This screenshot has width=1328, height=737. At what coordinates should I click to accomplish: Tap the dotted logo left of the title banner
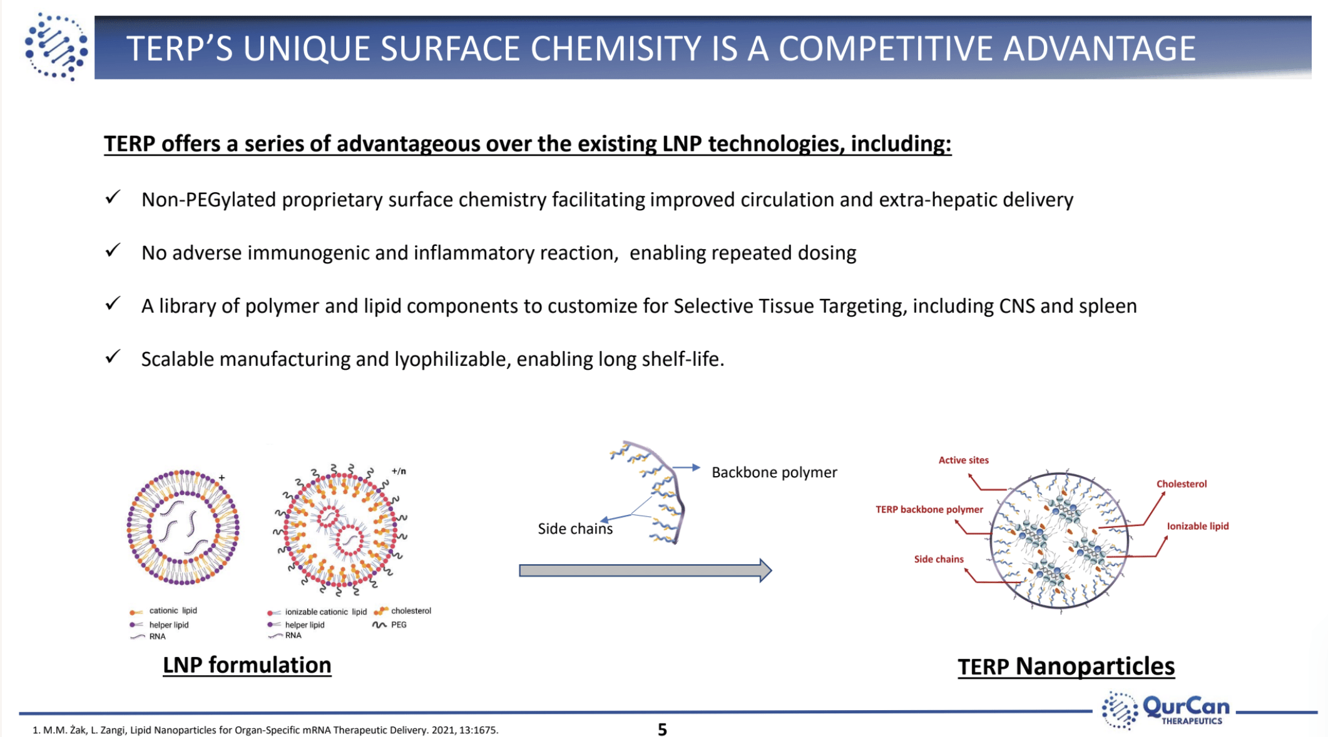pyautogui.click(x=56, y=47)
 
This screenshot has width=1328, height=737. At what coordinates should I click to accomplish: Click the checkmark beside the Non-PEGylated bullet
pyautogui.click(x=113, y=198)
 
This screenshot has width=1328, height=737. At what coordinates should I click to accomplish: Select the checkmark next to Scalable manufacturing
pyautogui.click(x=113, y=357)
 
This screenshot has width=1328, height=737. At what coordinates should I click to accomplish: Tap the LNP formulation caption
pyautogui.click(x=247, y=664)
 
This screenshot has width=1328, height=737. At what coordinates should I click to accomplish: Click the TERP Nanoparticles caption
pyautogui.click(x=1066, y=666)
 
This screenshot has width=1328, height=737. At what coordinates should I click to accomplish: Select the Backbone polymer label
pyautogui.click(x=774, y=472)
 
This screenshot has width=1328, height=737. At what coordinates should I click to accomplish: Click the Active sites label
pyautogui.click(x=963, y=460)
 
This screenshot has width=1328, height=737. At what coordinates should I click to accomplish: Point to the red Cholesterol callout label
pyautogui.click(x=1181, y=484)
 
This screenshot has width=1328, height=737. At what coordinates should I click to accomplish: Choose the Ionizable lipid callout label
pyautogui.click(x=1197, y=526)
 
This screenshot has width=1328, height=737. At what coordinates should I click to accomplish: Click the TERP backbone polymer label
pyautogui.click(x=929, y=509)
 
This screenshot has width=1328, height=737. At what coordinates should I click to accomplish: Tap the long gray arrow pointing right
pyautogui.click(x=645, y=571)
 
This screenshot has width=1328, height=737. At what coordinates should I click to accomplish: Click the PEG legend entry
pyautogui.click(x=398, y=624)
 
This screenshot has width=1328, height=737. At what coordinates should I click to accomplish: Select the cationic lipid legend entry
pyautogui.click(x=172, y=611)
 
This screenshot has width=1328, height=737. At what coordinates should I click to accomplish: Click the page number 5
pyautogui.click(x=662, y=729)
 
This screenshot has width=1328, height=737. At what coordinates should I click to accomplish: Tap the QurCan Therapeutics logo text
pyautogui.click(x=1185, y=709)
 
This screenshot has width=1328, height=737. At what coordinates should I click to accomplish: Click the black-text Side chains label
pyautogui.click(x=575, y=529)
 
